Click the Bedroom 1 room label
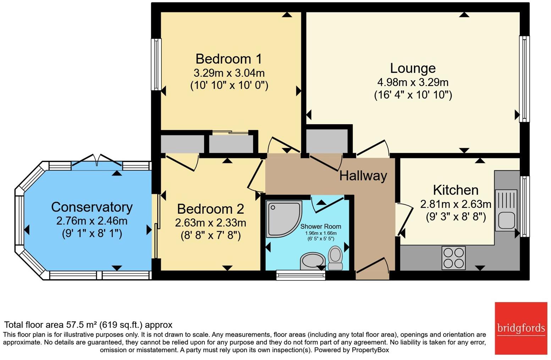(228, 59)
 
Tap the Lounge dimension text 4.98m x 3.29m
(413, 82)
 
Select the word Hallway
(363, 176)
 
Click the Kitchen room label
(456, 190)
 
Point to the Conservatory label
(92, 207)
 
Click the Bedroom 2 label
(210, 209)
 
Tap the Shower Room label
(320, 227)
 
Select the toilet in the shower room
(335, 258)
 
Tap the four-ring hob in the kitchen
(453, 258)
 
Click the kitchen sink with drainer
(506, 210)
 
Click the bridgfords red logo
(521, 328)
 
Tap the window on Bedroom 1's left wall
(156, 64)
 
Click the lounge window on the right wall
(524, 79)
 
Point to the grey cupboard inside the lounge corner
(327, 141)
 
